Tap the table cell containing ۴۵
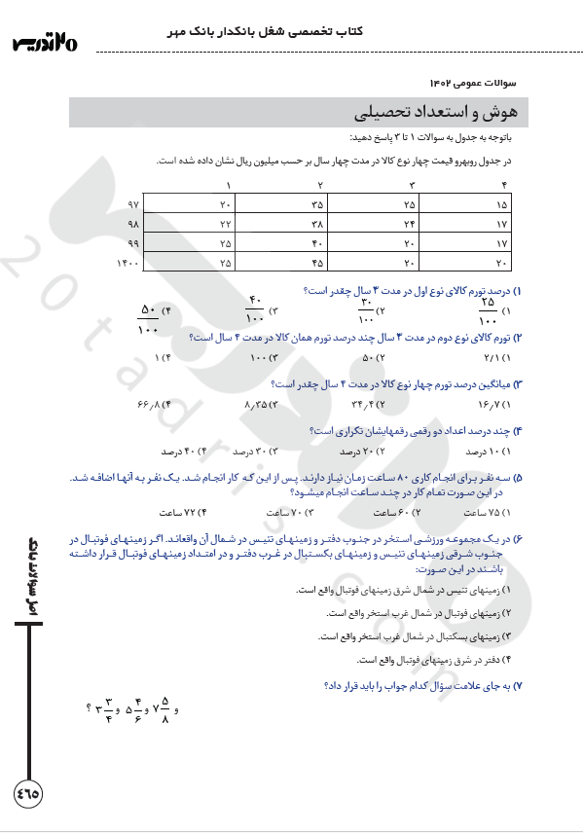317,263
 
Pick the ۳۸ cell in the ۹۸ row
317,224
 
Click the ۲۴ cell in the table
410,224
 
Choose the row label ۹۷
133,204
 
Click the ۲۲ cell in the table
226,224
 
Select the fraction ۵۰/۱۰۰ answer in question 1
150,318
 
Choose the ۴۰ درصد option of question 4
180,452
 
